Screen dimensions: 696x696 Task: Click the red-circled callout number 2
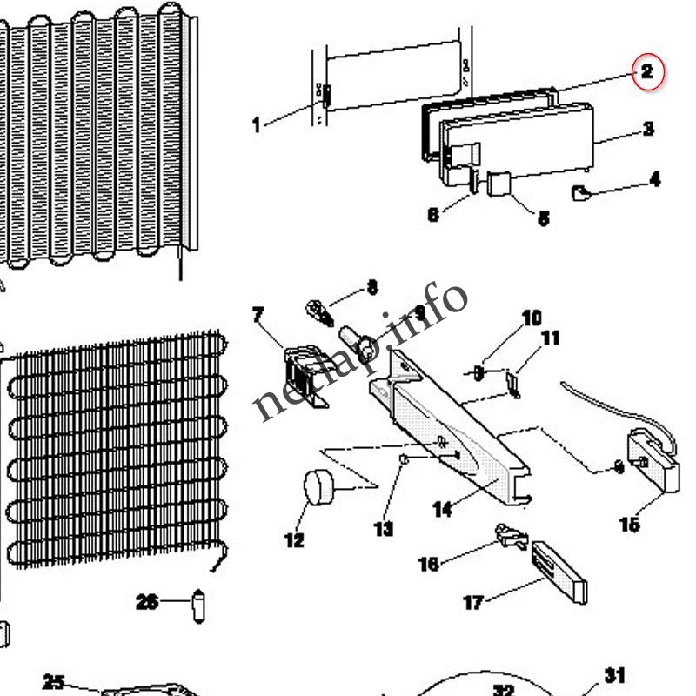pyautogui.click(x=647, y=72)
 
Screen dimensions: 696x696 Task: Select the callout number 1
pyautogui.click(x=256, y=125)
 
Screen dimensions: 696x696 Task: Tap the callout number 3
pyautogui.click(x=648, y=130)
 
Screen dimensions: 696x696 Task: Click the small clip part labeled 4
pyautogui.click(x=580, y=193)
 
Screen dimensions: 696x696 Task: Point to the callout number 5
pyautogui.click(x=543, y=218)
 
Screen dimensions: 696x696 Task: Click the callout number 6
pyautogui.click(x=433, y=214)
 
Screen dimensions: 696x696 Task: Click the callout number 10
pyautogui.click(x=531, y=318)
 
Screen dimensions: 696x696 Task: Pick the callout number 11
pyautogui.click(x=550, y=338)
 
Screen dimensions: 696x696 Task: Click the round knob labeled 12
pyautogui.click(x=318, y=485)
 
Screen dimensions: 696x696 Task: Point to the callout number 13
pyautogui.click(x=384, y=528)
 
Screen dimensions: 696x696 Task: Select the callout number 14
pyautogui.click(x=442, y=509)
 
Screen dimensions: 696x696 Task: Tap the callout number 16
pyautogui.click(x=428, y=565)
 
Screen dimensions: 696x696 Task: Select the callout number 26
pyautogui.click(x=147, y=601)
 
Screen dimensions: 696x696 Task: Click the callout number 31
pyautogui.click(x=615, y=675)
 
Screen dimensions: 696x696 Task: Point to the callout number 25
pyautogui.click(x=54, y=682)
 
